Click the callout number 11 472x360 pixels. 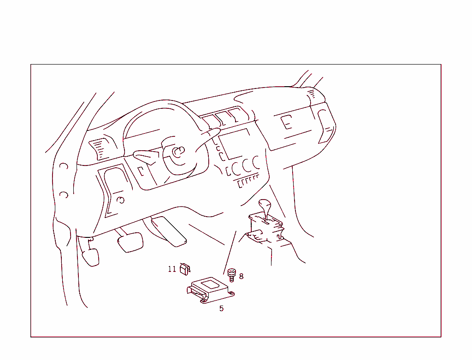(x=172, y=269)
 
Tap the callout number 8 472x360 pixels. (x=241, y=276)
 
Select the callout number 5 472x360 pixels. (x=222, y=308)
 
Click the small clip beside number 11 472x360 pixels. (x=185, y=269)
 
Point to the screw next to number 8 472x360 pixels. (x=231, y=275)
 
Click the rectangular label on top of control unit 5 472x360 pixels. (x=210, y=284)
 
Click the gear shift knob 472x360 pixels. (x=265, y=205)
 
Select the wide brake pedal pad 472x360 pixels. (x=130, y=242)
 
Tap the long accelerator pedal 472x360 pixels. (x=169, y=231)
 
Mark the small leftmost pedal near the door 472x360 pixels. (x=91, y=257)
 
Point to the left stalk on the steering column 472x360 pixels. (x=146, y=156)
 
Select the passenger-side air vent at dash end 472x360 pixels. (x=326, y=126)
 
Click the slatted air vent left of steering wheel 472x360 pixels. (x=100, y=149)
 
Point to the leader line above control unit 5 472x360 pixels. (x=230, y=253)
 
